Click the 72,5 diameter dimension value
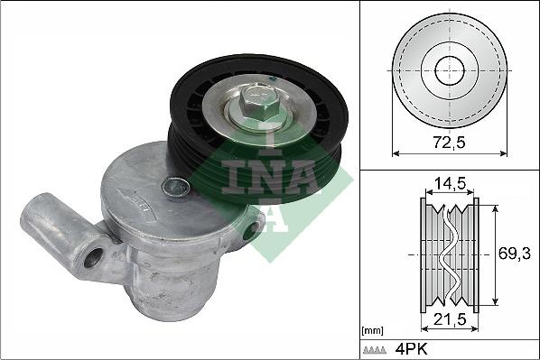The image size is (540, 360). pyautogui.click(x=450, y=142)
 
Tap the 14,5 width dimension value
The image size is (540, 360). pyautogui.click(x=450, y=184)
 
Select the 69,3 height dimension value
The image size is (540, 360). pyautogui.click(x=515, y=254)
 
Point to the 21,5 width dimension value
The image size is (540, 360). pyautogui.click(x=450, y=319)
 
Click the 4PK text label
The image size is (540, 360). pyautogui.click(x=411, y=349)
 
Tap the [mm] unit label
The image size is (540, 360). pyautogui.click(x=373, y=331)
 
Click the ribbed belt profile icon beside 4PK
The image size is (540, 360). pyautogui.click(x=375, y=350)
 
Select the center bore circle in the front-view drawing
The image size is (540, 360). pyautogui.click(x=450, y=70)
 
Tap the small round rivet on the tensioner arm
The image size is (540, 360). pyautogui.click(x=176, y=187)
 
